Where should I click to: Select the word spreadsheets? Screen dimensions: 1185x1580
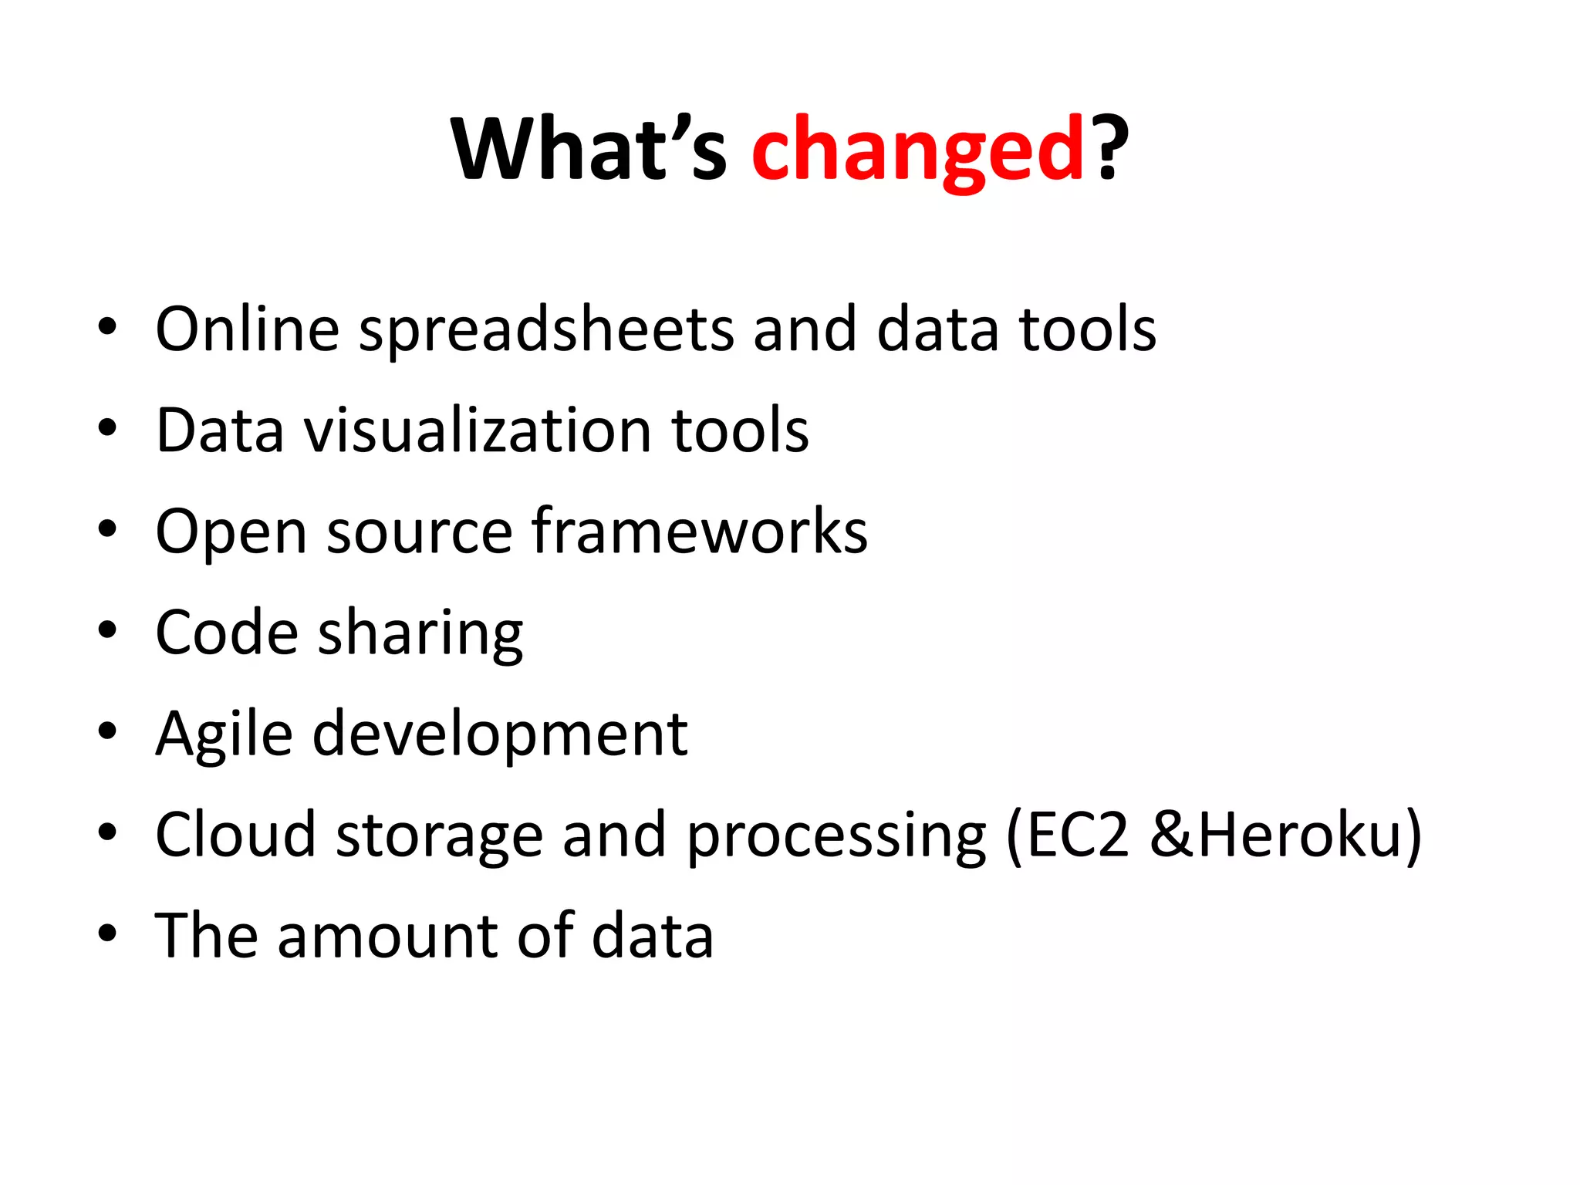click(546, 330)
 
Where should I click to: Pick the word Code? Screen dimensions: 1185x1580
click(227, 633)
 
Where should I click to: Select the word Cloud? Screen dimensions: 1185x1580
click(235, 835)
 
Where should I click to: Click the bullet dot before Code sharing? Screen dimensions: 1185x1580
click(107, 630)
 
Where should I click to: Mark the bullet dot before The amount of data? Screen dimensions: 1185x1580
click(107, 933)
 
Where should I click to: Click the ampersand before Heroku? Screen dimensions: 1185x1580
click(1172, 835)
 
